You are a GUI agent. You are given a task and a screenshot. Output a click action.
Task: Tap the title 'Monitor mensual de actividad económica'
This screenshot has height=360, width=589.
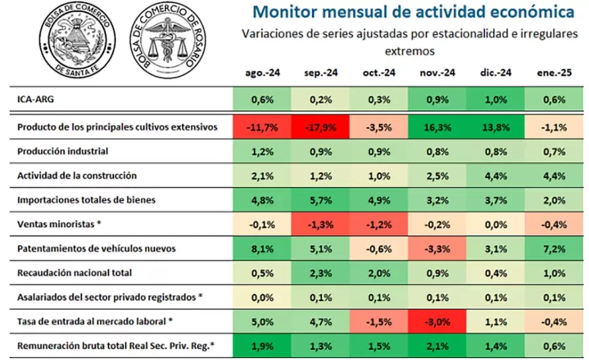[x=414, y=12]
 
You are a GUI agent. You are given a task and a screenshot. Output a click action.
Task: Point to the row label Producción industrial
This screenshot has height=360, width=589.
[x=62, y=151]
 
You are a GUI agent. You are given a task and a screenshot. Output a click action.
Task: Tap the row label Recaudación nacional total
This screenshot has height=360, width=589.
[x=75, y=272]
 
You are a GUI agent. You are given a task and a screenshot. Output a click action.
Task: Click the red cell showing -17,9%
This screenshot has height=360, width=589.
[x=321, y=127]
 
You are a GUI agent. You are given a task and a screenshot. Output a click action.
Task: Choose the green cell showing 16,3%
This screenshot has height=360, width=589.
[x=437, y=127]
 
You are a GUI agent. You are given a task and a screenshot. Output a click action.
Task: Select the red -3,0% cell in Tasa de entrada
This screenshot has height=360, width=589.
[x=437, y=321]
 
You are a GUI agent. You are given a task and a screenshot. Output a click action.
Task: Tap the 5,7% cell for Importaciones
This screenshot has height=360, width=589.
[x=321, y=200]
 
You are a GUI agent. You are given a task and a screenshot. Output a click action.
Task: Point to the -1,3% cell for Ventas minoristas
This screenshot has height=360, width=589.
[x=321, y=224]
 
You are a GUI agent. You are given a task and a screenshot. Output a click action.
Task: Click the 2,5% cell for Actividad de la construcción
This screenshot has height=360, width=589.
[x=437, y=175]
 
